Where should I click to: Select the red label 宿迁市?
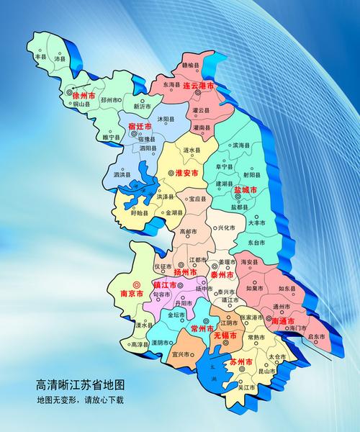coord(142,127)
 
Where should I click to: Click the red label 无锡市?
coord(225,336)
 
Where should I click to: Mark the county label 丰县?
coord(40,55)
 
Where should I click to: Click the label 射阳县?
coord(252,174)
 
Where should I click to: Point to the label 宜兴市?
coord(180,354)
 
